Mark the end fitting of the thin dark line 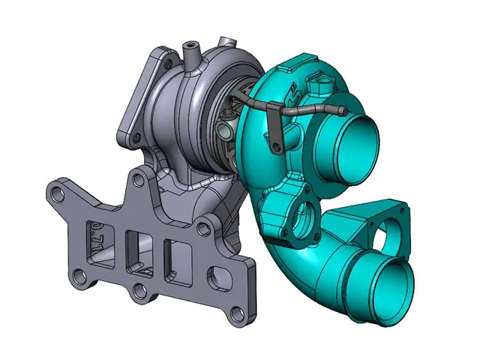(x=340, y=112)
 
